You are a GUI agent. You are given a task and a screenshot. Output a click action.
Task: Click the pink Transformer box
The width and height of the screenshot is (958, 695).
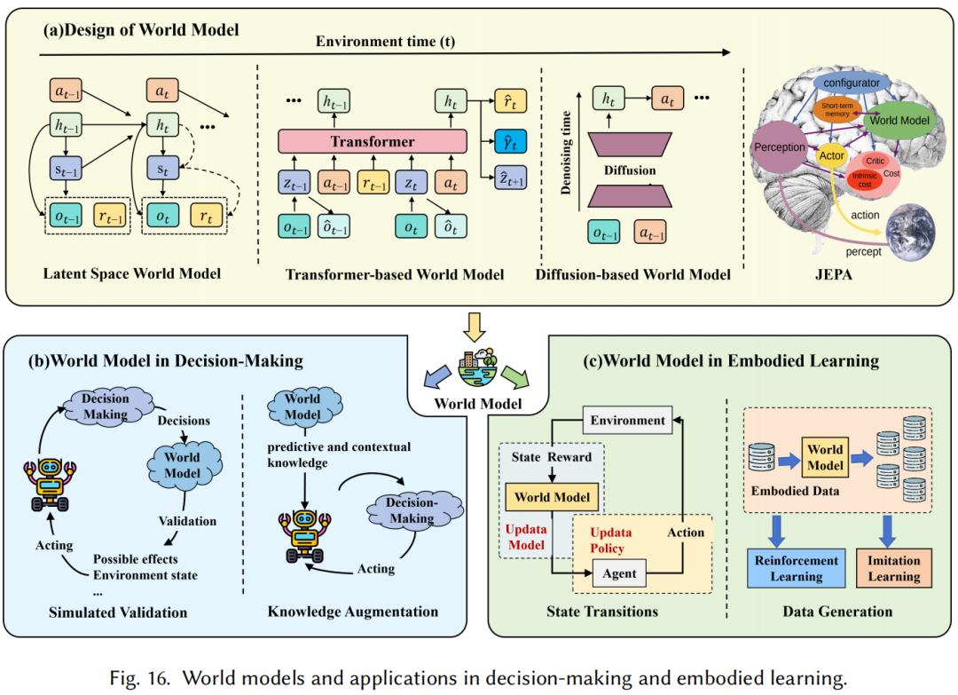click(x=372, y=141)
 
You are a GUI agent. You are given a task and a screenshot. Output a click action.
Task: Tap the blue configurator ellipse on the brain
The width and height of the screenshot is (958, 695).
click(x=851, y=83)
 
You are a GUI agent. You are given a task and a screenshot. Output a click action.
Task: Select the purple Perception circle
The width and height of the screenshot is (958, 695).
click(x=779, y=147)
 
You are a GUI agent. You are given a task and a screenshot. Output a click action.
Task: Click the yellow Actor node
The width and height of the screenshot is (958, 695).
click(x=831, y=155)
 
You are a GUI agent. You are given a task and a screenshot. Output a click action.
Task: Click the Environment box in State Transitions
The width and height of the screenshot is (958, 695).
click(x=627, y=420)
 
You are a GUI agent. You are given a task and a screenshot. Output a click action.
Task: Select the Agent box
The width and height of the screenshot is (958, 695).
click(x=619, y=573)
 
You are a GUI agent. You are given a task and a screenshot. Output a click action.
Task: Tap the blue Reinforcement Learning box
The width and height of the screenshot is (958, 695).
click(x=796, y=568)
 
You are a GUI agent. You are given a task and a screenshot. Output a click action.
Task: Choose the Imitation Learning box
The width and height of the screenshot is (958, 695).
click(x=894, y=568)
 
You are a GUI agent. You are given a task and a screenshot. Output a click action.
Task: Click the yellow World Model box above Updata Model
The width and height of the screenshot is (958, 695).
click(x=552, y=497)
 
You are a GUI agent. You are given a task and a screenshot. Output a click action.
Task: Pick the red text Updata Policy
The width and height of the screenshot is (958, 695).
click(x=610, y=541)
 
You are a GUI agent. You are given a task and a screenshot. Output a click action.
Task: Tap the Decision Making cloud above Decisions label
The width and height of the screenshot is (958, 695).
click(x=106, y=406)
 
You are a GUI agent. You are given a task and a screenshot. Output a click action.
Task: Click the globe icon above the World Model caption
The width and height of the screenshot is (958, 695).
click(x=478, y=368)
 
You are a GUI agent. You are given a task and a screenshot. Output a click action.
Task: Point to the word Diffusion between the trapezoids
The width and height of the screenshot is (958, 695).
click(x=630, y=170)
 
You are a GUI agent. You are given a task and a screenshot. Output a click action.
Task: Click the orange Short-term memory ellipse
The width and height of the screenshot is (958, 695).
click(x=837, y=110)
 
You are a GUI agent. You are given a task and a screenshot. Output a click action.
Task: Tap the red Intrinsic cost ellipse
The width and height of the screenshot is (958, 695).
click(x=865, y=179)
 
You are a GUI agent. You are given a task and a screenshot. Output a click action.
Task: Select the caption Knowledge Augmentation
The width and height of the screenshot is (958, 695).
click(x=352, y=612)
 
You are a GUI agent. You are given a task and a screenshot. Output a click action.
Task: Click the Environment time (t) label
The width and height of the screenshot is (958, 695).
click(x=385, y=42)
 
